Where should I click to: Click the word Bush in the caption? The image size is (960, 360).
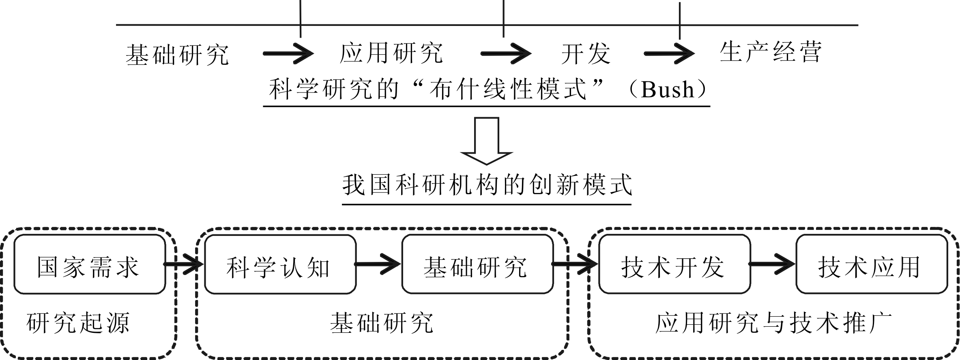pos(667,90)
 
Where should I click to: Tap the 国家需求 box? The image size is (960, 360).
pos(90,265)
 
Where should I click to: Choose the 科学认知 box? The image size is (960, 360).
pos(280,265)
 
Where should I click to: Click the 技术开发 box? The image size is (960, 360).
pos(674,265)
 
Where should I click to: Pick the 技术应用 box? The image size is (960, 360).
pos(871,265)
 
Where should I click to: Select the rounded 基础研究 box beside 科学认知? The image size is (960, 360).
pos(477,265)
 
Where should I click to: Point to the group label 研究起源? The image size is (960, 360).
pos(78,323)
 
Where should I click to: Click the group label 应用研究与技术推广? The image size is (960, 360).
pos(773,323)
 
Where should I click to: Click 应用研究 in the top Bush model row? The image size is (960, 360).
pos(391,53)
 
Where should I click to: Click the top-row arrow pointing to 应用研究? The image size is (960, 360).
pos(288,54)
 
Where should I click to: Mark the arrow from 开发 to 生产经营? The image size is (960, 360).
pos(669,54)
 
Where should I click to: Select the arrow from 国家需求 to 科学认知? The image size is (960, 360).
pos(183,264)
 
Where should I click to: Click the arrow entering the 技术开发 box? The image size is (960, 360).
pos(575,264)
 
